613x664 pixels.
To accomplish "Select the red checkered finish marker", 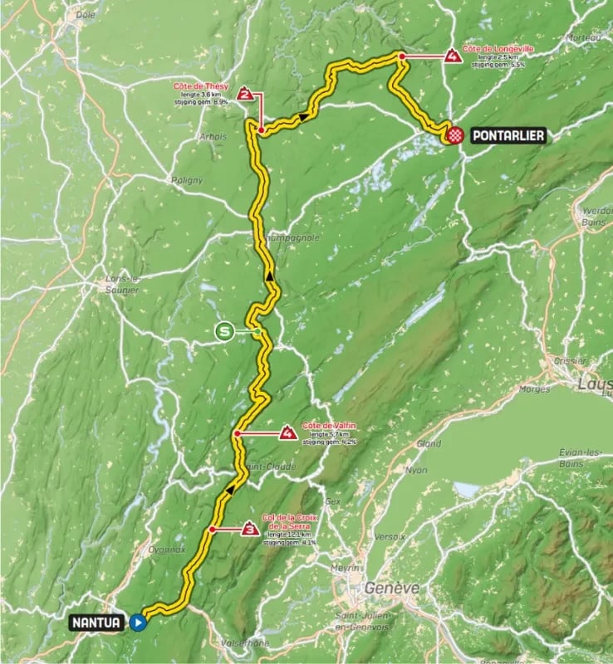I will click(455, 135).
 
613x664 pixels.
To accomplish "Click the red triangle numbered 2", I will click(245, 94).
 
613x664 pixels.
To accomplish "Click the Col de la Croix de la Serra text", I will click(288, 520).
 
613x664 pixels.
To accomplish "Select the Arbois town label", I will click(213, 136).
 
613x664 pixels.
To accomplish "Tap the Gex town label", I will click(334, 501).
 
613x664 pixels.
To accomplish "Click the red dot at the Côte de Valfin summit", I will click(238, 433).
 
